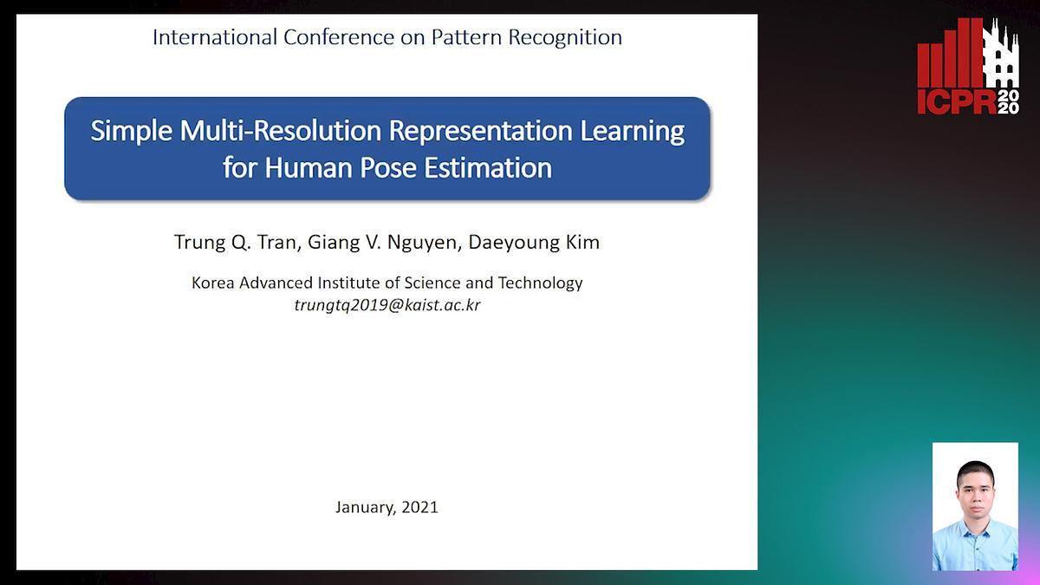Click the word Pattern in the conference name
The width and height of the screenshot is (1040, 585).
coord(466,37)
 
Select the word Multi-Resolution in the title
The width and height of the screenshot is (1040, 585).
coord(281,131)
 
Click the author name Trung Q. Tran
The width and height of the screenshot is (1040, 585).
coord(236,243)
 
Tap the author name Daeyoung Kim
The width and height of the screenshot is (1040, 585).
coord(534,243)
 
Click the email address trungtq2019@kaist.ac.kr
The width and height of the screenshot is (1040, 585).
coord(387,305)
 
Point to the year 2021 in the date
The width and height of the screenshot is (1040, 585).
coord(419,507)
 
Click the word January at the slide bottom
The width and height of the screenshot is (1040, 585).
coord(366,508)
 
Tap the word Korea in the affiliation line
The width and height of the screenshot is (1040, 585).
coord(212,283)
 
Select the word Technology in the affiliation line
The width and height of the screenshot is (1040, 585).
coord(540,283)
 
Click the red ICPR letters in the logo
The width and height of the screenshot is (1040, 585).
coord(957,102)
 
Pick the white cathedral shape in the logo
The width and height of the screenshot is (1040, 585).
coord(1001,54)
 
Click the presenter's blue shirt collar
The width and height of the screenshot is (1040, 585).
coord(974,530)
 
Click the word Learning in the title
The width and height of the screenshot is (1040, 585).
coord(632,132)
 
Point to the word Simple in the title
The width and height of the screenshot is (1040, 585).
coord(132,132)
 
